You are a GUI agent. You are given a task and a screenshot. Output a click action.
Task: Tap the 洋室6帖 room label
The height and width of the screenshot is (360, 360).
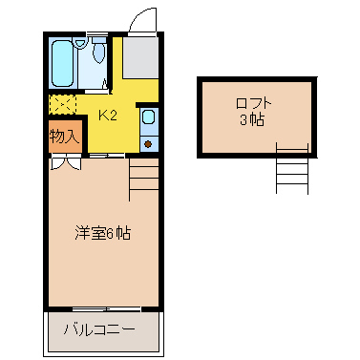[103, 233]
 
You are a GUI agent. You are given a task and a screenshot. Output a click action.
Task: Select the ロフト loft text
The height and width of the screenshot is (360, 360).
[253, 104]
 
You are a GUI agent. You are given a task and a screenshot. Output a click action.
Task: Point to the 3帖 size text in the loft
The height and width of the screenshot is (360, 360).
[253, 120]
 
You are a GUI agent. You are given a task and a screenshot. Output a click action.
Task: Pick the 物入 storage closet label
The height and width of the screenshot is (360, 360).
[63, 136]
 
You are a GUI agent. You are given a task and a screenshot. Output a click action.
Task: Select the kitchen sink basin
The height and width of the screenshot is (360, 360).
[148, 119]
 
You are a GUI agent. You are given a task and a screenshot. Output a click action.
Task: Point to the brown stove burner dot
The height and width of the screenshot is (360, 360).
[148, 142]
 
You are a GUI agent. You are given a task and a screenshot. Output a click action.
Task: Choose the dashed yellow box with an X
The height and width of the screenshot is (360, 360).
[63, 103]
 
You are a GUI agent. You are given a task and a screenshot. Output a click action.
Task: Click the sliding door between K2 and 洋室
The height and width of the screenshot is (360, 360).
[108, 155]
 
